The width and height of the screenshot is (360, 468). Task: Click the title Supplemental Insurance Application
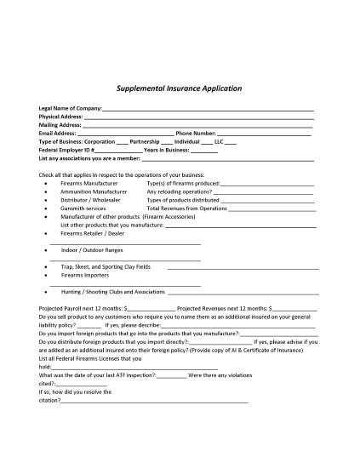click(180, 88)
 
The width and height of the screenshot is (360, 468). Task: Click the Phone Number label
click(195, 134)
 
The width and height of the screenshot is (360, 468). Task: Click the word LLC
click(219, 141)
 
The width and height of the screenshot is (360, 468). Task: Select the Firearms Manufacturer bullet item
click(89, 183)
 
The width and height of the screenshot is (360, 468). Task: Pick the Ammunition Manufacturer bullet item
click(94, 191)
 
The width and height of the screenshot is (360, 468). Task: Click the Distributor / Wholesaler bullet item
click(90, 199)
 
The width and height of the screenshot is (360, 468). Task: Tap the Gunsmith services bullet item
click(83, 208)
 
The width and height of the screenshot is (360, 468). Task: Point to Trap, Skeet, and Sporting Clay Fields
click(106, 266)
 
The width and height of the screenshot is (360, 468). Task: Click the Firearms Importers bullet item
click(84, 275)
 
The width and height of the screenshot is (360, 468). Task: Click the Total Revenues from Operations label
click(187, 208)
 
